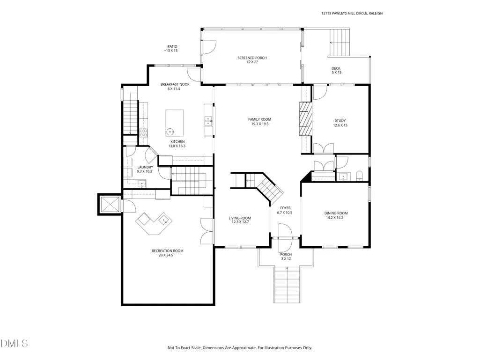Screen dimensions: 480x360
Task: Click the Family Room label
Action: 259,122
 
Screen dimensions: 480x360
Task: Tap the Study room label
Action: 340,123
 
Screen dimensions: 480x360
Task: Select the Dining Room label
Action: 336,215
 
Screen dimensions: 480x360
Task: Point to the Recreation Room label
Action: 168,253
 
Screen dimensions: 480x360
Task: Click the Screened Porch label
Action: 252,60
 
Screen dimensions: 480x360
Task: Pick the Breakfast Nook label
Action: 175,86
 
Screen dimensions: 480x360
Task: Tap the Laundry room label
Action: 145,169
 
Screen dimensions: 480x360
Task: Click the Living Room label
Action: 240,220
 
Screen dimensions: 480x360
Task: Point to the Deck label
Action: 336,70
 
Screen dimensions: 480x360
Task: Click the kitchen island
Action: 175,123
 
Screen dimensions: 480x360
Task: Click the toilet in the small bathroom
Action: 359,176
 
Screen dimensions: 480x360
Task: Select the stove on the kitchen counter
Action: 143,132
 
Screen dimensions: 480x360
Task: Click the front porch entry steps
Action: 287,285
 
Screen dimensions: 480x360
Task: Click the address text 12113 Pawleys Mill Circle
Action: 344,13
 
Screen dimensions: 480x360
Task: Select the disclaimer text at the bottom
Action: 240,347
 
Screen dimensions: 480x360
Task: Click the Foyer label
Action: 285,210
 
